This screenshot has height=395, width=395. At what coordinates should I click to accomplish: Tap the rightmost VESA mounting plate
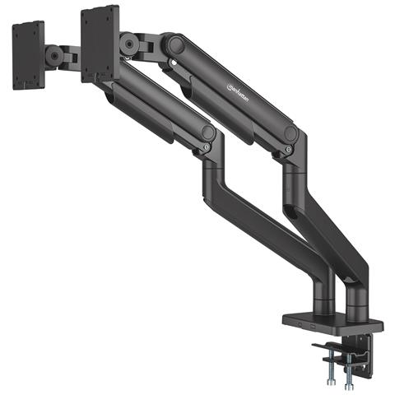point(100,44)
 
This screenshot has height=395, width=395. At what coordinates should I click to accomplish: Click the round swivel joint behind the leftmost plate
point(55,56)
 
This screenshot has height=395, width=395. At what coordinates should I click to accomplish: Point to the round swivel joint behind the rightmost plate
point(129,45)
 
